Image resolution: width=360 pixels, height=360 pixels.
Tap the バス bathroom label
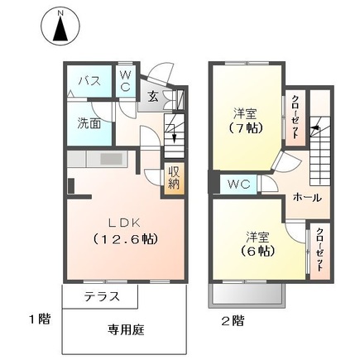(89, 81)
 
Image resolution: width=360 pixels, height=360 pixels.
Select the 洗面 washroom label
(89, 123)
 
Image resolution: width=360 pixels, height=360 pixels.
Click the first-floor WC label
(126, 80)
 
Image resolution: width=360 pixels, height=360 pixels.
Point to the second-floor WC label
(239, 184)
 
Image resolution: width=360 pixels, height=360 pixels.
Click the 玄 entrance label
(152, 96)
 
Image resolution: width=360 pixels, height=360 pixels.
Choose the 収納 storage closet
(174, 179)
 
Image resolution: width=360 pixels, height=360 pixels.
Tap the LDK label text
(124, 223)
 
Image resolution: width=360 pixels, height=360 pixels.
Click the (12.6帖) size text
(125, 238)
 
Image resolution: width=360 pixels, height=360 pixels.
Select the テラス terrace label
(102, 296)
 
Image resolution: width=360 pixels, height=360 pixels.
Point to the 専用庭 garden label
(126, 329)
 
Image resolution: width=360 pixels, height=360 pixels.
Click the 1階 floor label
(41, 319)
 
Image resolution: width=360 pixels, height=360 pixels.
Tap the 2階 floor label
(233, 321)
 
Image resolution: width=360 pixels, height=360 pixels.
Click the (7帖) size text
(245, 127)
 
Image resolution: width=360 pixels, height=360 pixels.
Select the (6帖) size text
(257, 251)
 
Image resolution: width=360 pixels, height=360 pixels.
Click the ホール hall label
(307, 198)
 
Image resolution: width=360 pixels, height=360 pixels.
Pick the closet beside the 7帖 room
(295, 118)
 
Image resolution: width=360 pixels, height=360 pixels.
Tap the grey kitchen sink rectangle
(111, 159)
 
